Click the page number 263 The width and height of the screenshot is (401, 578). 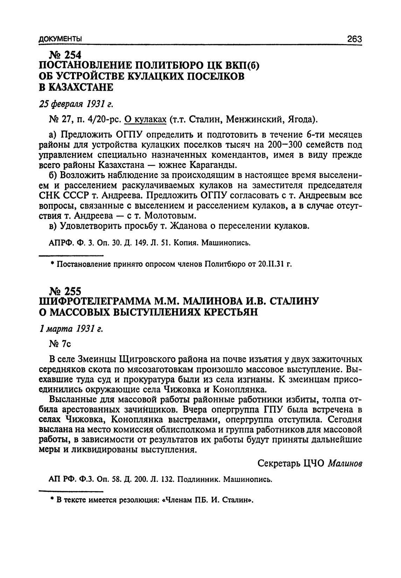pyautogui.click(x=354, y=39)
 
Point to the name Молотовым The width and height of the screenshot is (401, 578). pyautogui.click(x=168, y=215)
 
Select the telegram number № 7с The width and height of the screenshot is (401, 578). pyautogui.click(x=61, y=344)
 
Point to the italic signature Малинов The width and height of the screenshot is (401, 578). pyautogui.click(x=345, y=463)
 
